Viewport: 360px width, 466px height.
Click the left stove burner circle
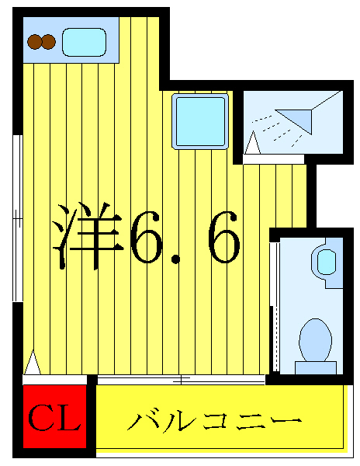pos(35,42)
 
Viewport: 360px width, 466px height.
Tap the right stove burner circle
pos(48,42)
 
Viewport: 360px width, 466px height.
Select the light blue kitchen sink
pos(84,42)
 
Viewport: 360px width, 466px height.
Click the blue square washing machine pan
pos(200,120)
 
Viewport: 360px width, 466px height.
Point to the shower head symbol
pos(296,117)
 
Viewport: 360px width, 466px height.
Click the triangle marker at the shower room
pos(253,143)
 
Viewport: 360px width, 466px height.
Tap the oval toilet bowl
pos(315,339)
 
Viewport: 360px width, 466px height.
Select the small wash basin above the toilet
pos(324,260)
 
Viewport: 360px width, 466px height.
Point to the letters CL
pos(54,419)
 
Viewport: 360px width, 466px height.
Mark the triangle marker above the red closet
pos(33,363)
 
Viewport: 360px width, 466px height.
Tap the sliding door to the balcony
pos(181,380)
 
